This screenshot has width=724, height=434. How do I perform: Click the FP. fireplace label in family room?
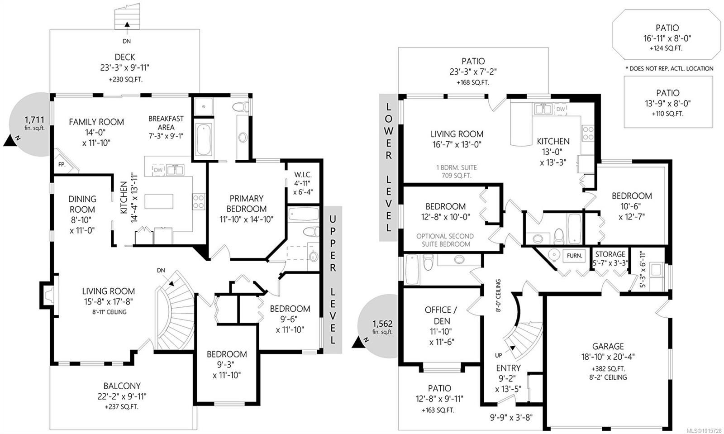[62, 164]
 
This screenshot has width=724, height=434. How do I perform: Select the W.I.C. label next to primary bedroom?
[303, 175]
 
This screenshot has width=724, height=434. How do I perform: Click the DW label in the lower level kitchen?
[560, 109]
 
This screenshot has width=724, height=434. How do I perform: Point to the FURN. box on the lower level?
[575, 256]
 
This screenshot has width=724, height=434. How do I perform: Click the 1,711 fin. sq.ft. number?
[34, 120]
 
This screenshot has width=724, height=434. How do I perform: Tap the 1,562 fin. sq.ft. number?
[382, 324]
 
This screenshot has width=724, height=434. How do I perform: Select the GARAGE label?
[609, 346]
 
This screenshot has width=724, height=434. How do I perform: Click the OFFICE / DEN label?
[441, 315]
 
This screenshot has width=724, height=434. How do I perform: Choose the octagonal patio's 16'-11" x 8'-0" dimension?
[667, 38]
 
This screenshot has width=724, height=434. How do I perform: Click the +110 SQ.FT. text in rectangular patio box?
[667, 114]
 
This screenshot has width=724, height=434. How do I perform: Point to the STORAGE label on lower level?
[610, 254]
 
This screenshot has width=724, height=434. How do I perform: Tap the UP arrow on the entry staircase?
[513, 348]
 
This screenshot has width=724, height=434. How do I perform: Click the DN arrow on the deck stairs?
[127, 24]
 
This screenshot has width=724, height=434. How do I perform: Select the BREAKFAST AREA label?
[166, 123]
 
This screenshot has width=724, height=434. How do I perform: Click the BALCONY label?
[122, 386]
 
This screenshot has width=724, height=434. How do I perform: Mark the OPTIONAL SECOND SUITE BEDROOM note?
[445, 240]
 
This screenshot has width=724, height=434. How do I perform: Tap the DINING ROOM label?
[82, 204]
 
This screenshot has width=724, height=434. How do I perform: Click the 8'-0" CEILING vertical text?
[498, 296]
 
